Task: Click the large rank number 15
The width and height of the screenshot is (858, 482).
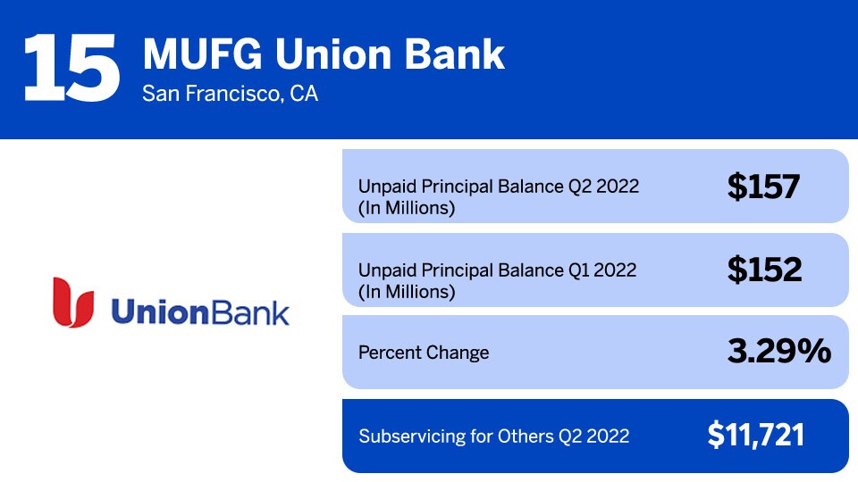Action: tap(71, 68)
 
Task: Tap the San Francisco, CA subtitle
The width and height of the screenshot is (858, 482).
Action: tap(230, 94)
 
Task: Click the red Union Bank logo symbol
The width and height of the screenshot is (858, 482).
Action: tap(72, 303)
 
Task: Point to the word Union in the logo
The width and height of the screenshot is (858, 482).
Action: tap(160, 312)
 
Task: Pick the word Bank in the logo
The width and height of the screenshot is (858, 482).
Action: tap(250, 312)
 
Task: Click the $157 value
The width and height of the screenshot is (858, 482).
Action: tap(763, 187)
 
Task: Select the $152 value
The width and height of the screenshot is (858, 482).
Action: tap(764, 270)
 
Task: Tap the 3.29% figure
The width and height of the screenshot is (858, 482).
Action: tap(779, 351)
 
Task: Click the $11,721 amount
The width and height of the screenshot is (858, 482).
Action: tap(756, 435)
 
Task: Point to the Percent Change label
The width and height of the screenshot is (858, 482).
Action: tap(424, 353)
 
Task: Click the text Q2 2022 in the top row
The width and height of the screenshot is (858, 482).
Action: tap(603, 187)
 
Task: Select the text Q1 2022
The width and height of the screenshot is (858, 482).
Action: tap(601, 270)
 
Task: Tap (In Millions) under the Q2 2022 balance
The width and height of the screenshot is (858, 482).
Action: tap(407, 208)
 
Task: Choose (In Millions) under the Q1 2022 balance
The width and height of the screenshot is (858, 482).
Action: tap(407, 292)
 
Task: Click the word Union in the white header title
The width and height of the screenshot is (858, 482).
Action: tap(333, 54)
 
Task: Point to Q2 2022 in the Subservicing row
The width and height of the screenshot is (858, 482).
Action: tap(594, 436)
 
